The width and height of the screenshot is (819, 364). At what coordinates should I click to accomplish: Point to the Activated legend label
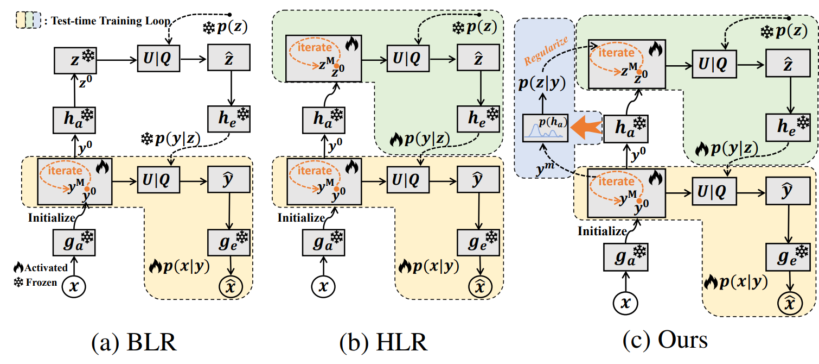coord(47,267)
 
